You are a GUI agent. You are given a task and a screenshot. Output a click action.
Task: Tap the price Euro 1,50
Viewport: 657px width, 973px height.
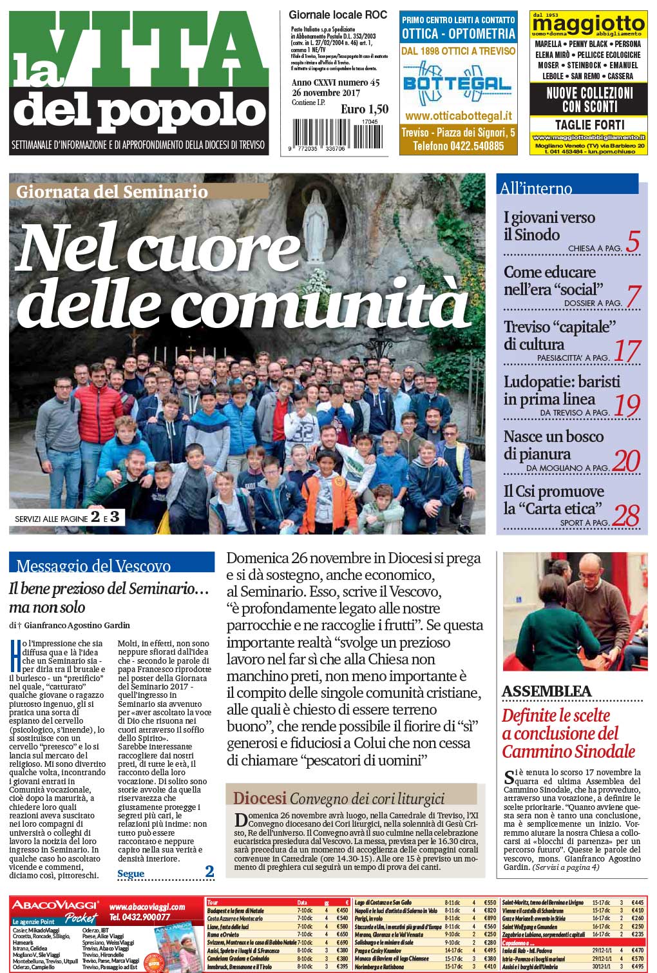365,110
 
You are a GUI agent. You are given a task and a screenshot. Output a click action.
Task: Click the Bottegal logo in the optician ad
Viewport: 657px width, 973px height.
457,84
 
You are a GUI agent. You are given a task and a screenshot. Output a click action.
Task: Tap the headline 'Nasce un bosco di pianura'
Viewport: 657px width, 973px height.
553,445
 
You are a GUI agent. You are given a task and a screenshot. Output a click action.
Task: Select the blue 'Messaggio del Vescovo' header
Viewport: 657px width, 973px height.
93,566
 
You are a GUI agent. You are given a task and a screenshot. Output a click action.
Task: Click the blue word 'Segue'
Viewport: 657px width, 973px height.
131,874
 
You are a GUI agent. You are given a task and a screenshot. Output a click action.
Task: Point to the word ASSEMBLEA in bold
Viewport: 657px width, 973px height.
546,691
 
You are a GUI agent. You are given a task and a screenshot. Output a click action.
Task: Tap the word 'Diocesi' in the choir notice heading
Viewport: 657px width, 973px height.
260,798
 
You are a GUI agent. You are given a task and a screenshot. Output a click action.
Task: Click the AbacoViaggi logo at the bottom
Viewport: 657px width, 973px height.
55,905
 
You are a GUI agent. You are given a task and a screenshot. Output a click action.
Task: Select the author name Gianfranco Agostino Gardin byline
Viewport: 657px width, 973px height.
75,625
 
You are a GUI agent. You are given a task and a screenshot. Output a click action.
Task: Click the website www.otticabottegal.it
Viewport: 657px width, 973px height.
458,116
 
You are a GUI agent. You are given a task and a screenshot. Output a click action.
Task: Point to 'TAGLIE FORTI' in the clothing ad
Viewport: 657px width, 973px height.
589,124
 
